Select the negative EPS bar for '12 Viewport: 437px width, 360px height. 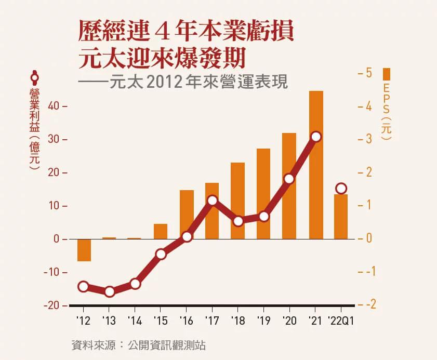(84, 250)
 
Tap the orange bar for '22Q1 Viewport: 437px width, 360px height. (341, 217)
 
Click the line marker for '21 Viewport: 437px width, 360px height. (316, 137)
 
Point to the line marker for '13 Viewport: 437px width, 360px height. (109, 291)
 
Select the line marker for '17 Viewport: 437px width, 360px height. (212, 201)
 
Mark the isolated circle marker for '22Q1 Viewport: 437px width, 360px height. (341, 188)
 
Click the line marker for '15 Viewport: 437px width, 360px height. (161, 254)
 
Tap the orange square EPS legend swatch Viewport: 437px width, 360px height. (386, 72)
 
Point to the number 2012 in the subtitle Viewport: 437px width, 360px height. (162, 83)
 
